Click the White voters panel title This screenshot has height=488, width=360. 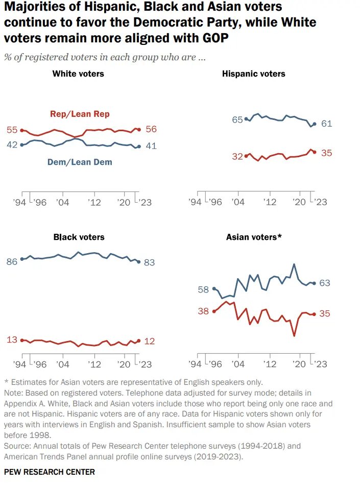click(78, 74)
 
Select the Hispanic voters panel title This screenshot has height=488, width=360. click(254, 74)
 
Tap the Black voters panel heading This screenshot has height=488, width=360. click(79, 237)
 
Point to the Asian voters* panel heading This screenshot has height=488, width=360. click(254, 237)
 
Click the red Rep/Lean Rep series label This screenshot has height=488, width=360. click(80, 114)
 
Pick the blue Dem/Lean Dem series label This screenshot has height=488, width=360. click(80, 162)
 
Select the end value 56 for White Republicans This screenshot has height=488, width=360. click(151, 129)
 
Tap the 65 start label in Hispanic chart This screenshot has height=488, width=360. click(237, 119)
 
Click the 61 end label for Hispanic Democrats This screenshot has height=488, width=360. click(327, 124)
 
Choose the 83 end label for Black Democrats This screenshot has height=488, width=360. click(149, 262)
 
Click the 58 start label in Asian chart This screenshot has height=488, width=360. click(203, 289)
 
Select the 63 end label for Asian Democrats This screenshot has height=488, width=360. click(325, 283)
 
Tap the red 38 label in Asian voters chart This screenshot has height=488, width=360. click(203, 311)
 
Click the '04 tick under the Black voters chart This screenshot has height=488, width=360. click(63, 364)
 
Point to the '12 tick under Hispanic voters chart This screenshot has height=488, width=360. click(270, 202)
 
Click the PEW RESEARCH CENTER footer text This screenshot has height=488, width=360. click(50, 472)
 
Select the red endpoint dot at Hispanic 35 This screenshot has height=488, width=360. click(315, 152)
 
